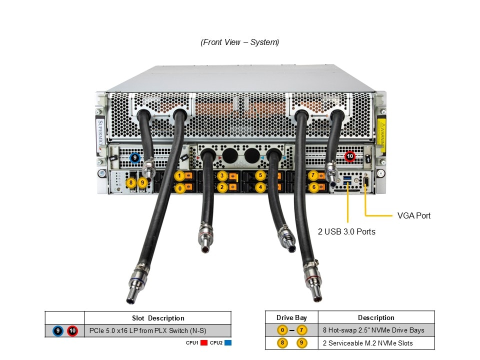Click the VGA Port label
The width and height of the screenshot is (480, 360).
tap(413, 216)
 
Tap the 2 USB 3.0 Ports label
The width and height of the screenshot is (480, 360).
tap(346, 231)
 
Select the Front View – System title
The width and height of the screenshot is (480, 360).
tap(240, 42)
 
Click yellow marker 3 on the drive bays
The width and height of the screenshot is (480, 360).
tap(221, 176)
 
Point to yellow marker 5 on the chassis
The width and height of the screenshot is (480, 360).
tap(260, 175)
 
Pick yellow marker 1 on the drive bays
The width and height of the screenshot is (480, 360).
tap(179, 176)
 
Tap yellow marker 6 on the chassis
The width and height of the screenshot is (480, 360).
tap(313, 187)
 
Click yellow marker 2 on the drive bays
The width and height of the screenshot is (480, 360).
tap(221, 187)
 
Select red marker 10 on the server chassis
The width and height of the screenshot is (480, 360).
tap(350, 156)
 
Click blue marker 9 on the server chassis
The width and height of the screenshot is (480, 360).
tap(134, 158)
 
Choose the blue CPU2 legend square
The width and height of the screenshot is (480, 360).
tap(228, 343)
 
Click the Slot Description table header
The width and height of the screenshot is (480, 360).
tap(157, 318)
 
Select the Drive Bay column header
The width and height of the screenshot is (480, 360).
tap(291, 317)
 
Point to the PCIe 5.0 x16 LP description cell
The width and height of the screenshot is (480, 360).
tap(147, 330)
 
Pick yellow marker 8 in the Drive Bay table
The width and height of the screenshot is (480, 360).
tap(282, 343)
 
